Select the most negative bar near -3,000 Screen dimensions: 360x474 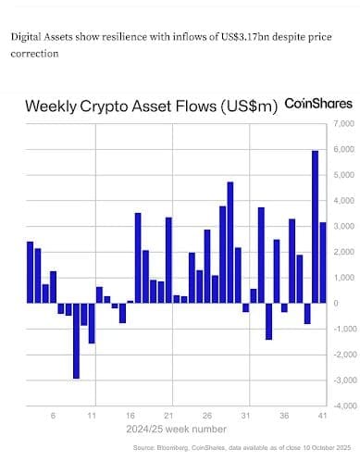(x=76, y=341)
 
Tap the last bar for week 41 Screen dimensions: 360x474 (x=323, y=263)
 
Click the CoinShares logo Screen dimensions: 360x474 (x=318, y=104)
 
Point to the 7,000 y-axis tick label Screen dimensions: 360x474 (x=344, y=124)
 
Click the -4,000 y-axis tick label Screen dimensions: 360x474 (x=343, y=405)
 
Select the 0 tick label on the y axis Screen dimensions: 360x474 (x=336, y=303)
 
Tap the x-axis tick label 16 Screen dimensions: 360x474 (x=130, y=416)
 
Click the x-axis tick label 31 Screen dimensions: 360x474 (x=245, y=416)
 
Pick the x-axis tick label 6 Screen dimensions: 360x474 (x=53, y=416)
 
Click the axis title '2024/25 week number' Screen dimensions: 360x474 (x=176, y=430)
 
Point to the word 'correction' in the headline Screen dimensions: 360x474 (x=34, y=54)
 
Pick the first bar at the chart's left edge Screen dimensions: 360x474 (x=30, y=272)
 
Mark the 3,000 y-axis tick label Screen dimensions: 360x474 (x=344, y=226)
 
